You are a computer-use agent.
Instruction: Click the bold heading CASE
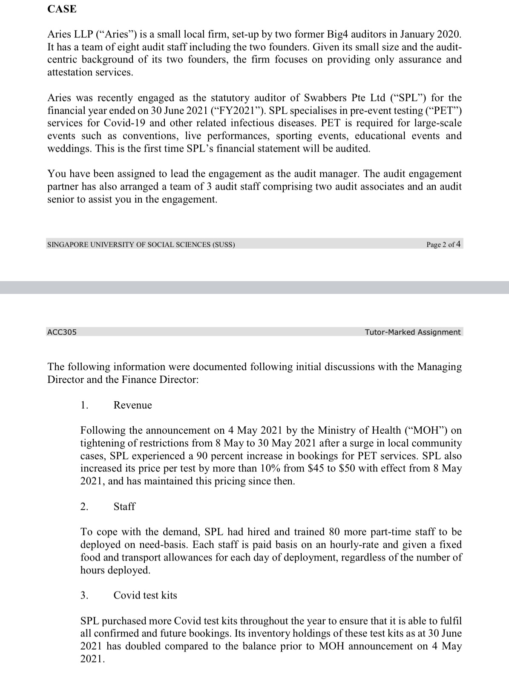[x=62, y=9]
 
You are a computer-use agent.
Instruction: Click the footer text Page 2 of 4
[x=443, y=245]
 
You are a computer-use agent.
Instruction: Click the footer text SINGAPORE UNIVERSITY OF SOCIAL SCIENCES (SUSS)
[x=141, y=245]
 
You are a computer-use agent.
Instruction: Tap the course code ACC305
[x=62, y=332]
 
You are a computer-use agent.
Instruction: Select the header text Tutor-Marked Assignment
[x=412, y=332]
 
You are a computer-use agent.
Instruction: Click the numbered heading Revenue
[x=132, y=405]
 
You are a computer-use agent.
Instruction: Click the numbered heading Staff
[x=124, y=506]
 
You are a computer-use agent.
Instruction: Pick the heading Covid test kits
[x=145, y=595]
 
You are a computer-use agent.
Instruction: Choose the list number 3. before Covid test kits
[x=84, y=595]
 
